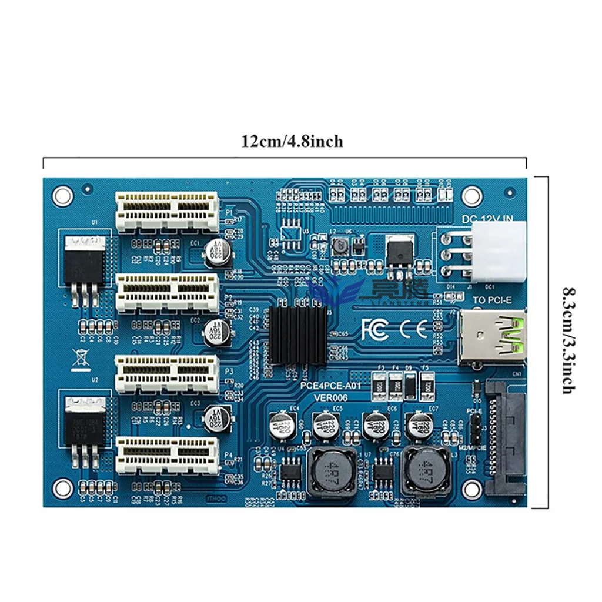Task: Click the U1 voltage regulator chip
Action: [83, 262]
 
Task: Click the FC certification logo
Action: [374, 329]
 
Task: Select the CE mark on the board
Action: [414, 329]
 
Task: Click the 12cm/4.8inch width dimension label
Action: [292, 142]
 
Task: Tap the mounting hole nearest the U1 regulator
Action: [62, 196]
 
